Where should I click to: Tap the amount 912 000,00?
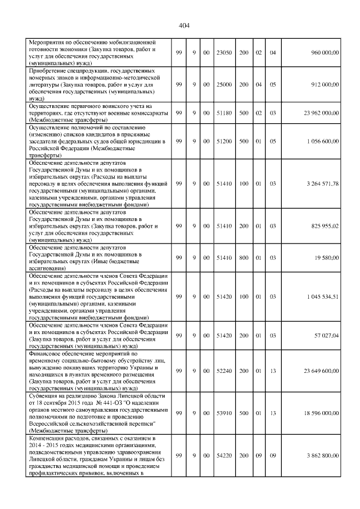pos(325,84)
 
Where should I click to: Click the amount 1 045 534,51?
pos(323,296)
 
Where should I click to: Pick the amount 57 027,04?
pos(326,335)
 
